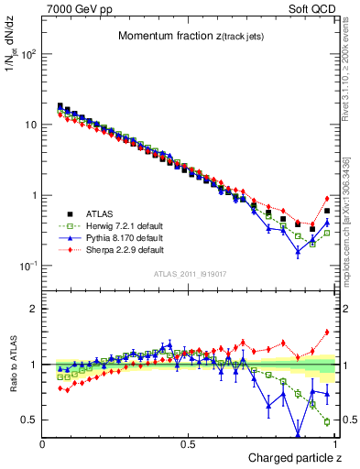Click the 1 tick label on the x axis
[x=335, y=443]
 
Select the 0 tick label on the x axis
[x=43, y=443]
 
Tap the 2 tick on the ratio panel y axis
[x=34, y=309]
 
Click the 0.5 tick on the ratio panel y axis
[x=30, y=420]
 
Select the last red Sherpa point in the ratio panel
[x=327, y=333]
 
